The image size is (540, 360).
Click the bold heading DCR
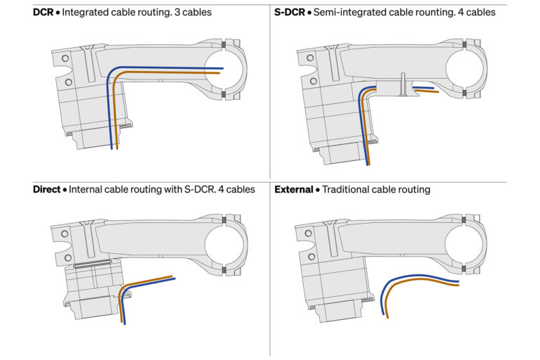pos(44,13)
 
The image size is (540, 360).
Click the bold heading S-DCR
pos(289,13)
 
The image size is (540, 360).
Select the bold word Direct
pos(46,190)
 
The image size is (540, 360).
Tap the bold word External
pos(293,190)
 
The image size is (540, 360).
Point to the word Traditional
pos(348,190)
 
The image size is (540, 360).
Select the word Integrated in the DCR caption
pos(86,13)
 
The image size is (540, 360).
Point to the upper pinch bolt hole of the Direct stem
pos(64,233)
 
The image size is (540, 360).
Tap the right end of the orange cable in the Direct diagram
pos(172,276)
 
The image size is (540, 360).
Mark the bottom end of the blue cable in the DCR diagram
pos(111,149)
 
